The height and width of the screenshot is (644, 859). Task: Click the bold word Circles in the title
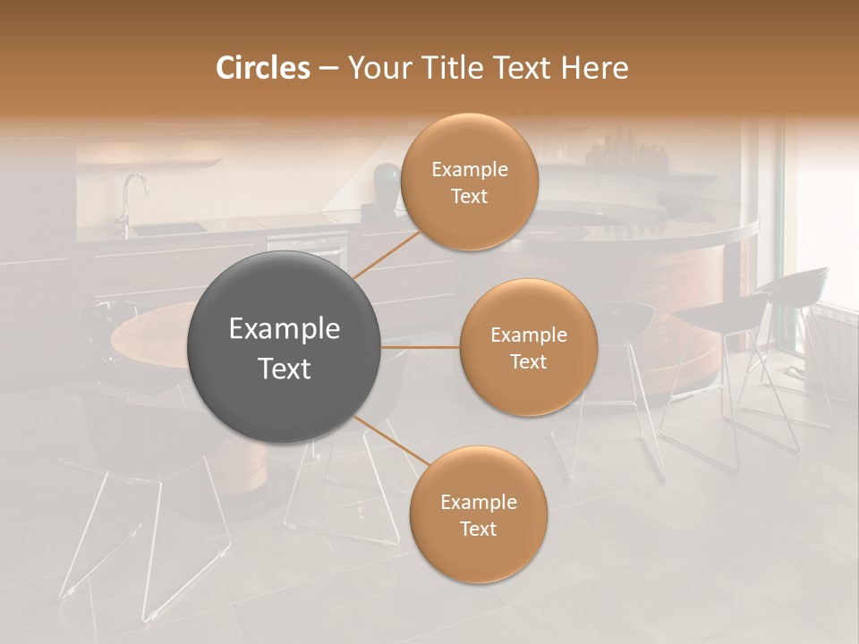pyautogui.click(x=263, y=68)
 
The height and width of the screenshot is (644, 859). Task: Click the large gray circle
pyautogui.click(x=285, y=348)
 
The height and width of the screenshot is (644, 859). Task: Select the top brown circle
pyautogui.click(x=469, y=182)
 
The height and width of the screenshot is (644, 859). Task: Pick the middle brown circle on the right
pyautogui.click(x=528, y=347)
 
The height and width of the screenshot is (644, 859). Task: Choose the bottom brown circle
pyautogui.click(x=478, y=514)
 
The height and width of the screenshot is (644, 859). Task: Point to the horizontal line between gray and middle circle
pyautogui.click(x=421, y=347)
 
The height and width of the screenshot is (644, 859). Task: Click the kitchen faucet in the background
pyautogui.click(x=132, y=192)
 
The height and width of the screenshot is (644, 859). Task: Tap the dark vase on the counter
pyautogui.click(x=385, y=183)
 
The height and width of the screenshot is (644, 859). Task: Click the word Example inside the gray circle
pyautogui.click(x=285, y=329)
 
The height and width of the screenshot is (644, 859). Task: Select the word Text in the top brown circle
pyautogui.click(x=469, y=196)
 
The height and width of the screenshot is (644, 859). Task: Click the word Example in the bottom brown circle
pyautogui.click(x=478, y=502)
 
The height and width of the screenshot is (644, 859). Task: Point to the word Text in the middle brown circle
pyautogui.click(x=528, y=361)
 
